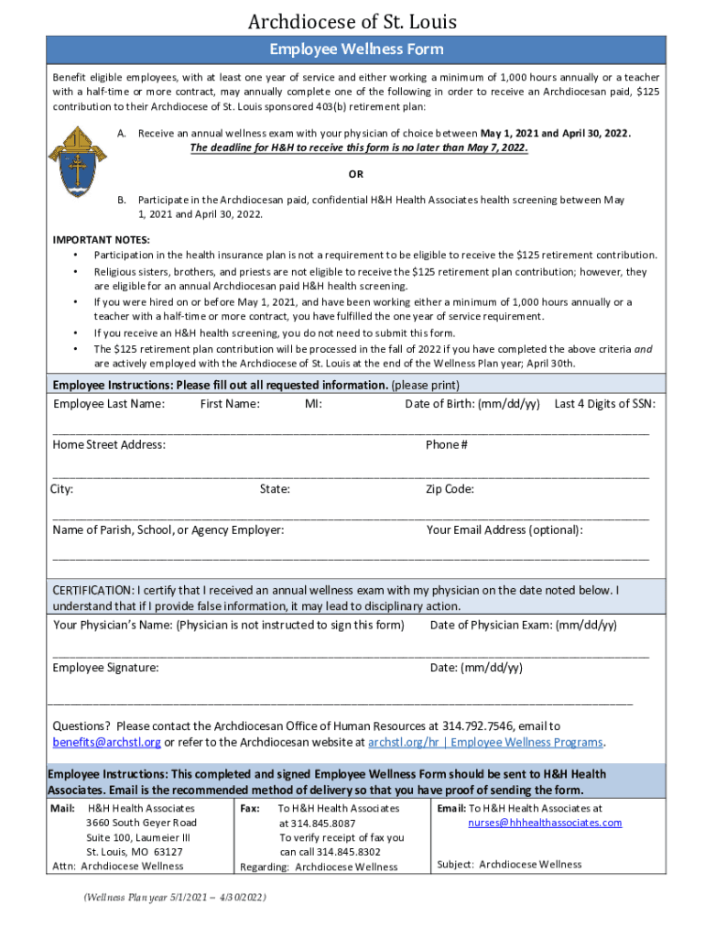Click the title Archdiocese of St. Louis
pyautogui.click(x=352, y=21)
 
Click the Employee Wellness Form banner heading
pyautogui.click(x=352, y=49)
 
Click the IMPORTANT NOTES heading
pyautogui.click(x=102, y=240)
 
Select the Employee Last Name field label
pyautogui.click(x=109, y=404)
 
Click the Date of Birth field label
pyautogui.click(x=472, y=404)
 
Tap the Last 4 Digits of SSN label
pyautogui.click(x=604, y=404)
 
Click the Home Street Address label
pyautogui.click(x=109, y=445)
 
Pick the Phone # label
pyautogui.click(x=447, y=445)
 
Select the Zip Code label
pyautogui.click(x=450, y=489)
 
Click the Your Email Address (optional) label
pyautogui.click(x=504, y=530)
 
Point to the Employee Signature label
pyautogui.click(x=105, y=668)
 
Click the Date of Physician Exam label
pyautogui.click(x=523, y=626)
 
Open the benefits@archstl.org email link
pyautogui.click(x=106, y=742)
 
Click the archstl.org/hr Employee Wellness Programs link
pyautogui.click(x=485, y=742)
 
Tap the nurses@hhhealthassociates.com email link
pyautogui.click(x=545, y=823)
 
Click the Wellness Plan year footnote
pyautogui.click(x=174, y=898)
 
